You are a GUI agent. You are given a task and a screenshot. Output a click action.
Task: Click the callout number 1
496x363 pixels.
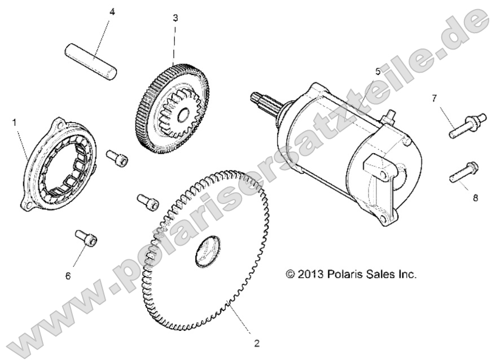pos(14,122)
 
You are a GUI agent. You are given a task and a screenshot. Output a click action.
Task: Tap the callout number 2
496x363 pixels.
pos(257,343)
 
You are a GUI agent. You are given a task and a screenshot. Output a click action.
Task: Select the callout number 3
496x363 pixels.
pos(175,18)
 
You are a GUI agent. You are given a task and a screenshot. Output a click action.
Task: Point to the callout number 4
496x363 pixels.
pos(112,12)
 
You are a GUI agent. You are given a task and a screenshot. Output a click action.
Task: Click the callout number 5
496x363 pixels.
pos(378,72)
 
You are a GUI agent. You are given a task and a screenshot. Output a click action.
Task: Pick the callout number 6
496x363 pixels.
pos(68,276)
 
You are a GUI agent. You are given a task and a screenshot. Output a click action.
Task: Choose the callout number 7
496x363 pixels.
pos(434,99)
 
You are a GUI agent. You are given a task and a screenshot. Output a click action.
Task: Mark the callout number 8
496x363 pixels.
pos(475,198)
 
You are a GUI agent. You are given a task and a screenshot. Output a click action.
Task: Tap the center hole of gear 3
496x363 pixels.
pos(183,115)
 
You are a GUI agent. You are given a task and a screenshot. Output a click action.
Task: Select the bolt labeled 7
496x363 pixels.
pos(467,125)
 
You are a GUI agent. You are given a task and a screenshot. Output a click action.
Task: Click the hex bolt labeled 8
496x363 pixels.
pos(464,172)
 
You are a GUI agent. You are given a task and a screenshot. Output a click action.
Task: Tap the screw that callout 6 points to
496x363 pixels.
pos(86,237)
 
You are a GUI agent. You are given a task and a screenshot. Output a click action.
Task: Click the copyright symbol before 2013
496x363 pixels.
pos(291,274)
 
